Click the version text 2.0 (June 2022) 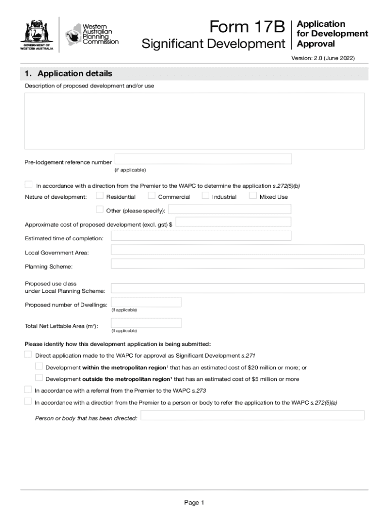click(x=323, y=58)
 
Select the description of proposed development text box click(x=194, y=121)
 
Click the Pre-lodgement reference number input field click(x=203, y=159)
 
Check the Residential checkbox click(x=100, y=196)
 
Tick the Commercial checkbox click(x=152, y=196)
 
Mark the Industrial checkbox click(x=206, y=196)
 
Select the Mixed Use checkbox click(x=253, y=196)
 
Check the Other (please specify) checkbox click(x=100, y=209)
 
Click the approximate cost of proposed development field click(x=233, y=222)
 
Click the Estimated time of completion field click(x=201, y=236)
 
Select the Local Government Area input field click(x=237, y=249)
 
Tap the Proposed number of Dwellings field click(x=146, y=302)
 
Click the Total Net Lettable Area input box click(x=146, y=323)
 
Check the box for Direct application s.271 click(x=28, y=355)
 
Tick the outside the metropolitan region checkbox click(x=39, y=378)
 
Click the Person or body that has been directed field click(x=252, y=415)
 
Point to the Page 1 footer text click(x=194, y=502)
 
